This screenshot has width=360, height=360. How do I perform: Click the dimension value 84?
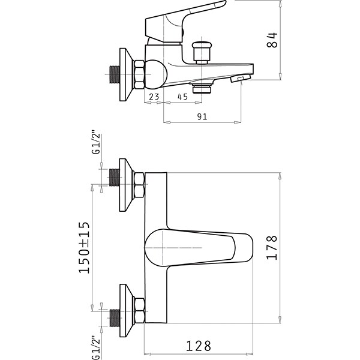pos(272,40)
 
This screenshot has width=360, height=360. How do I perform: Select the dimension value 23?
pos(154,97)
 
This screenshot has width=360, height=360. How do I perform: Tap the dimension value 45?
pos(183,97)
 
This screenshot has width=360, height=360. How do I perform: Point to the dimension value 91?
pos(202,116)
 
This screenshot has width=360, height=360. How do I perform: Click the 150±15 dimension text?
pos(84,247)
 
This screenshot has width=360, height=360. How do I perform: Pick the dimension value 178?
pos(272,247)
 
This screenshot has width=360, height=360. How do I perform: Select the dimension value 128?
pos(199,346)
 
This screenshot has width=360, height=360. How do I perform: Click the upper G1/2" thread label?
pos(97,143)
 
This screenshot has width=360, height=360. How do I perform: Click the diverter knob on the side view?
pos(202,52)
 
